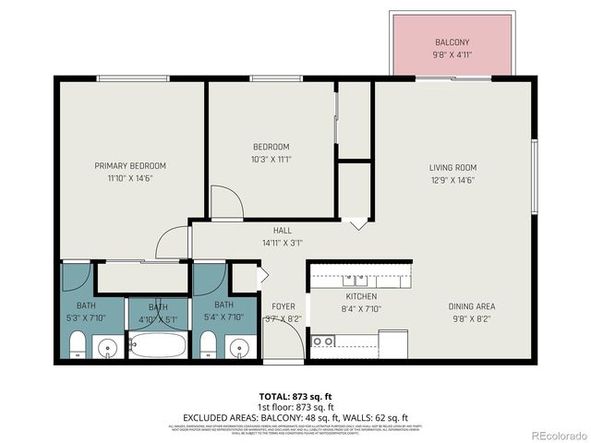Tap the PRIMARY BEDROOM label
coord(129,166)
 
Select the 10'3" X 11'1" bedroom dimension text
coord(271,159)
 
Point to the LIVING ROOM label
coord(452,167)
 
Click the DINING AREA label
coord(471,306)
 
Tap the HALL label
coord(282,231)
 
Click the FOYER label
coord(283,306)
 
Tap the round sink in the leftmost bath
coord(109,349)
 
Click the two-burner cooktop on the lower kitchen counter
coord(323,341)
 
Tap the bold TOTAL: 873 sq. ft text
coord(295,396)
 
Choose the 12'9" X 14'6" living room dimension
coord(452,180)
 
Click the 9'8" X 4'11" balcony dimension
coord(452,55)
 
